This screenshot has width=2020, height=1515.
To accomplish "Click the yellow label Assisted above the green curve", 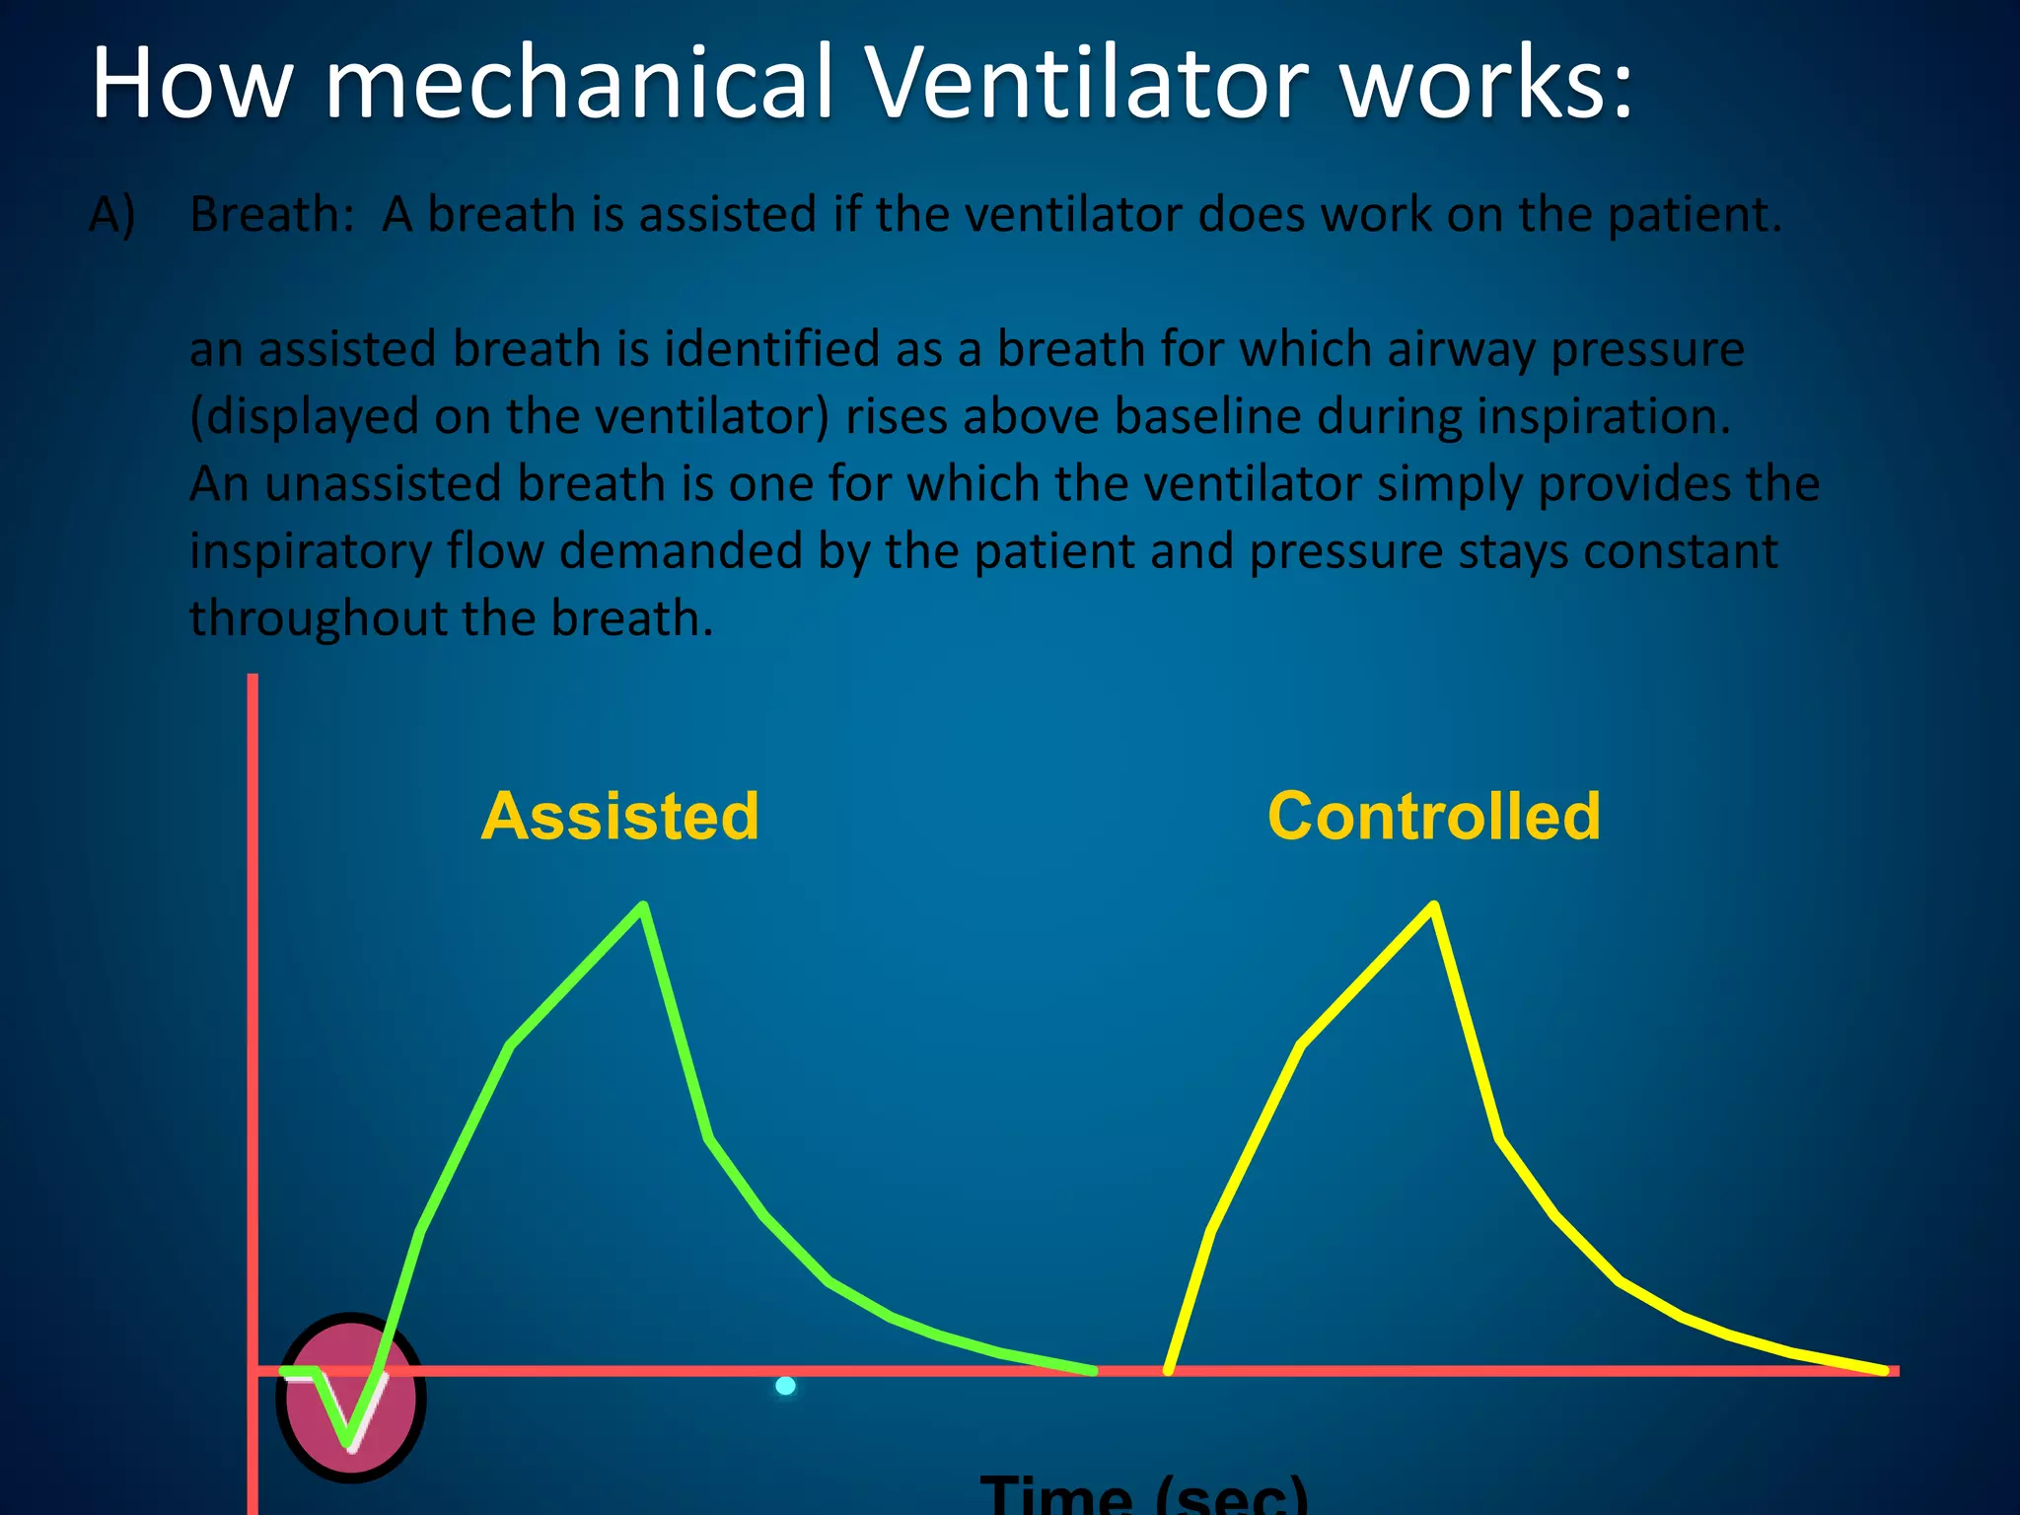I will (619, 817).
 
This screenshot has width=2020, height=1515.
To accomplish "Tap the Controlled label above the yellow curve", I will (1433, 817).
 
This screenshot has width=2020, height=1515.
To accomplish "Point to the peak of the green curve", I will (643, 905).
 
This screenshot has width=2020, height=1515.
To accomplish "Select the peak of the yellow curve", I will (1434, 905).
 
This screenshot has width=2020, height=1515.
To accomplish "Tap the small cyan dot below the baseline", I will (785, 1386).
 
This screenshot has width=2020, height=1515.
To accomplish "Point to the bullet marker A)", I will (112, 214).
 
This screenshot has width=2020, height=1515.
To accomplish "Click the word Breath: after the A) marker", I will (271, 214).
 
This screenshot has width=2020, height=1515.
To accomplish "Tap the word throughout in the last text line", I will (317, 618).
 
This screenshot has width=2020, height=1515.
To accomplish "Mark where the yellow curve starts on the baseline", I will (1169, 1370).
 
